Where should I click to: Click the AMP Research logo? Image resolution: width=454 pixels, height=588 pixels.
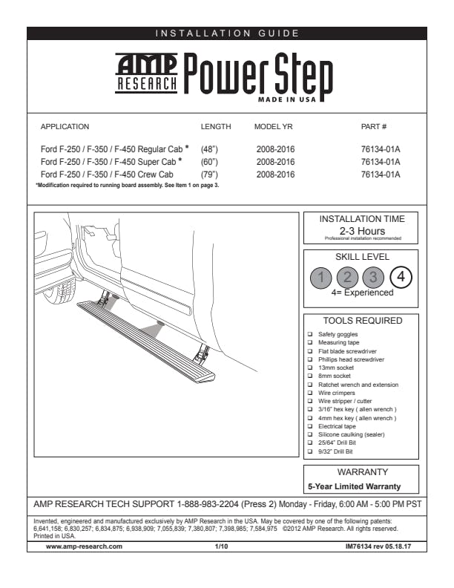(147, 73)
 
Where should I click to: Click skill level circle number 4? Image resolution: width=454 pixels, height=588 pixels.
(401, 277)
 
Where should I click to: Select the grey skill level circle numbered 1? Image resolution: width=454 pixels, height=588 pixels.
(320, 278)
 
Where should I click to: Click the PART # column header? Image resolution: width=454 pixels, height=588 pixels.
(374, 127)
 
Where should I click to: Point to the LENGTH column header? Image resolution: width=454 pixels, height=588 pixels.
(216, 127)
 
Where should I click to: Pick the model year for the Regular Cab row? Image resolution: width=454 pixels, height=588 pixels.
(275, 149)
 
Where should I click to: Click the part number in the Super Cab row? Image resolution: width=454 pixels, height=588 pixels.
(380, 162)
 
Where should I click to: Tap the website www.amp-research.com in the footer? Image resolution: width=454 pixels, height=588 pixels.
(84, 546)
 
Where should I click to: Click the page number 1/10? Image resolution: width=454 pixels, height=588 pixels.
(222, 546)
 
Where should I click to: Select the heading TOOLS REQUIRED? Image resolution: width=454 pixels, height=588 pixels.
(362, 321)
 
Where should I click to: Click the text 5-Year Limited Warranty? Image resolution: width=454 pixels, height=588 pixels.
(354, 486)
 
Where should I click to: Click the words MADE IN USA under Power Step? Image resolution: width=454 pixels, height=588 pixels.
(286, 99)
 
